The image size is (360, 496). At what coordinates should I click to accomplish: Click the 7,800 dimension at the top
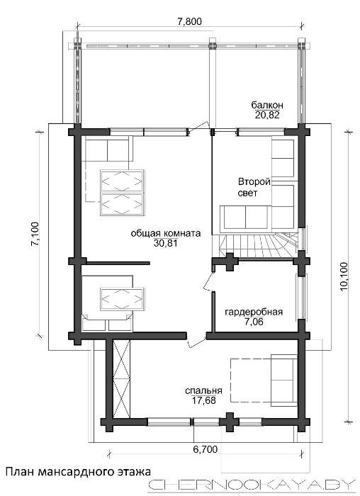pos(189,21)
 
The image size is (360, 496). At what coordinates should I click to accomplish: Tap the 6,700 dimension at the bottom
pos(206,449)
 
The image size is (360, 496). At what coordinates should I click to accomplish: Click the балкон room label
pos(267,105)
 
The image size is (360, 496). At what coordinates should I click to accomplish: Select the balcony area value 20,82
pos(267,115)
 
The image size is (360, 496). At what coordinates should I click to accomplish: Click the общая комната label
pos(166,233)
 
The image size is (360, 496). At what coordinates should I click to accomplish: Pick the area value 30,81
pos(165,243)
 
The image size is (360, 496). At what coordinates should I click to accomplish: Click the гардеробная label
pos(254,312)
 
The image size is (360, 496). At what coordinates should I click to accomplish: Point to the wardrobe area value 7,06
pos(254,322)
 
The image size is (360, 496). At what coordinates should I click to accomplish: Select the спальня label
pos(203,390)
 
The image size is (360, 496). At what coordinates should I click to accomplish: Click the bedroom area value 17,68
pos(203,400)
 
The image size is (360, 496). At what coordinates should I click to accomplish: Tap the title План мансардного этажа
pos(79,472)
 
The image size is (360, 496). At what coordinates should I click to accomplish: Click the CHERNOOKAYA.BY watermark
pos(250,485)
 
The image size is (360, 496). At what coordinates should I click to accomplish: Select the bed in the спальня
pos(264,381)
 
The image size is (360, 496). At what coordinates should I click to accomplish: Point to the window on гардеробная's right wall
pos(300,297)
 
